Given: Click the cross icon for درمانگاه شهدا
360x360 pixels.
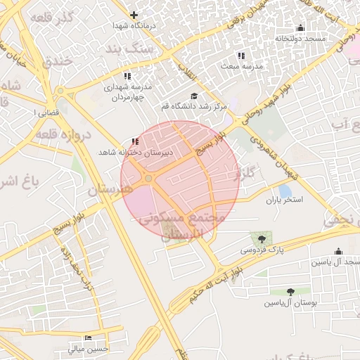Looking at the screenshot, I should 134,15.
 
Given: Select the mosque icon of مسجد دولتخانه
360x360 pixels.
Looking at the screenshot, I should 300,28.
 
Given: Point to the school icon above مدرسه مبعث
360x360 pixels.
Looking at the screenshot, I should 241,56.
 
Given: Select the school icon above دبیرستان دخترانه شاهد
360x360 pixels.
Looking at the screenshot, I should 135,141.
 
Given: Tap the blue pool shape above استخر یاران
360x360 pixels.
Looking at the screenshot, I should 285,190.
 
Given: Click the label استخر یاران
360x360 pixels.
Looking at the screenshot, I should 283,200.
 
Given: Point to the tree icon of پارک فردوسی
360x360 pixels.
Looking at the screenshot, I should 262,240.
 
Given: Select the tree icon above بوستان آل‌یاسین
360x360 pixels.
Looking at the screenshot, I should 291,292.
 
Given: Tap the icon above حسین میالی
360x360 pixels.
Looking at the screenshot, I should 88,338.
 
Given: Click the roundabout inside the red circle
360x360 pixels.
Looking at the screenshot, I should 148,179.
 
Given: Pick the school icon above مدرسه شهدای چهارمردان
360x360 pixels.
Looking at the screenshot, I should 127,76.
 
